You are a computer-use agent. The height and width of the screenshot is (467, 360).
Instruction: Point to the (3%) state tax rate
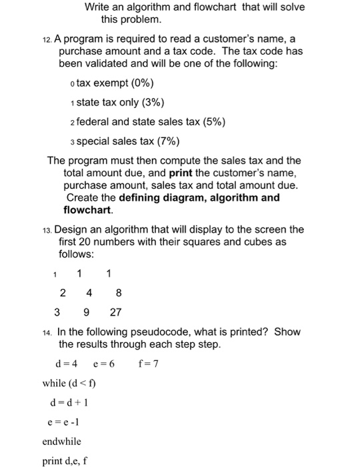click(151, 103)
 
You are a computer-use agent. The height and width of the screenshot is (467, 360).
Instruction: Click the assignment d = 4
click(67, 364)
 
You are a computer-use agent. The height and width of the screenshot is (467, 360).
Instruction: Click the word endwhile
click(61, 441)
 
